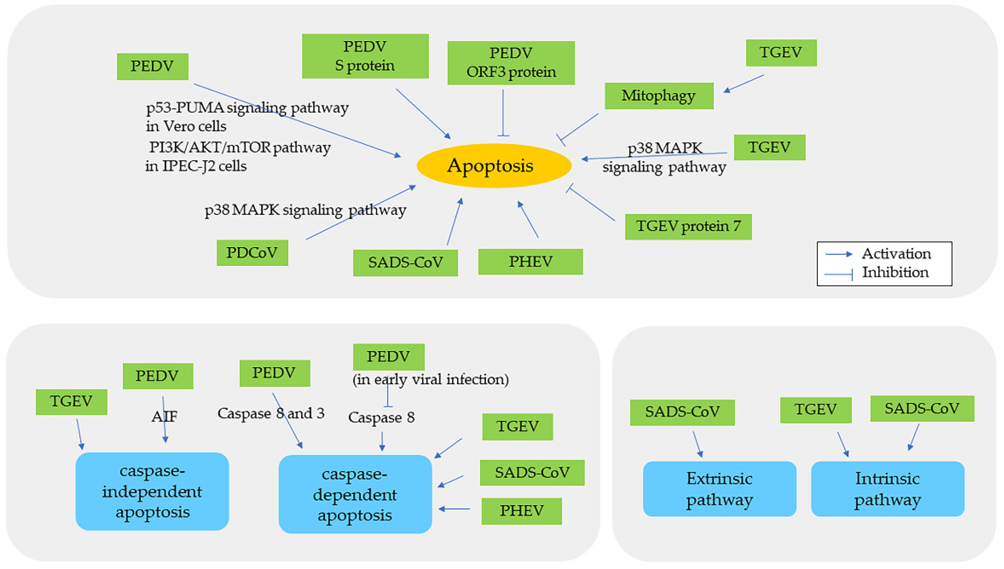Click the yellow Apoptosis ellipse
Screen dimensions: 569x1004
[494, 165]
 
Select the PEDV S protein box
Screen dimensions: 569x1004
[365, 56]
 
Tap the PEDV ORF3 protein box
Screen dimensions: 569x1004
[510, 63]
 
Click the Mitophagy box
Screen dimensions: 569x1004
[659, 96]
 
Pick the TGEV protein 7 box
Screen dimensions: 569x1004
[688, 226]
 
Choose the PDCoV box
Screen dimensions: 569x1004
[252, 253]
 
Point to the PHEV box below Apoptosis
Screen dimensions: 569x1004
[530, 261]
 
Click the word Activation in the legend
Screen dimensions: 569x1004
[896, 254]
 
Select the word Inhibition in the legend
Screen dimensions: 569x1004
[895, 272]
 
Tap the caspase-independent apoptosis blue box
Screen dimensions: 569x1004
[152, 491]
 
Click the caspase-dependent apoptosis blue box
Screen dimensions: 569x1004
[355, 494]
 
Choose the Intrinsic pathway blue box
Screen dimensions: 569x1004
[887, 489]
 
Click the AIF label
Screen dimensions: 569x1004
[165, 416]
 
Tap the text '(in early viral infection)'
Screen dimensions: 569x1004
[430, 380]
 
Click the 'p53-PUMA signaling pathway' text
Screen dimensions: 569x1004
[247, 107]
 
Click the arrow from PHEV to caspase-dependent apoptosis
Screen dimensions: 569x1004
[454, 509]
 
